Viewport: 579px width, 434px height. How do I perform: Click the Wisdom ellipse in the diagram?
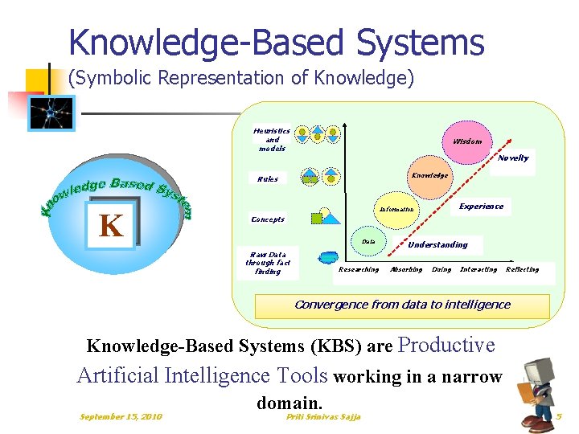(x=467, y=141)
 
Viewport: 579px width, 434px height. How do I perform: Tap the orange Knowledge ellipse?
(x=430, y=175)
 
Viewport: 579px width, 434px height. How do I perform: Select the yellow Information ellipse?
(x=396, y=209)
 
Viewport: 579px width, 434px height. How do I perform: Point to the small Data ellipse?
(x=368, y=241)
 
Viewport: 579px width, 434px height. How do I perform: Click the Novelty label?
(x=513, y=158)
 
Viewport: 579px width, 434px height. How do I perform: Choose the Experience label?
(x=481, y=207)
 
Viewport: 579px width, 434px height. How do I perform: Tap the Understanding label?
(x=437, y=244)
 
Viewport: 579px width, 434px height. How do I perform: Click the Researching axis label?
(x=359, y=270)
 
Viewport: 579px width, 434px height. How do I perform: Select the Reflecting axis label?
(x=522, y=270)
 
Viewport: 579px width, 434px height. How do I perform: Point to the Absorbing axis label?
(x=406, y=270)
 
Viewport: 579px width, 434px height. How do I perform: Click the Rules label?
(x=268, y=179)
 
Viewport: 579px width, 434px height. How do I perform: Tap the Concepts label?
(x=268, y=219)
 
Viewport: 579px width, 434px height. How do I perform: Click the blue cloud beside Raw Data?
(x=328, y=259)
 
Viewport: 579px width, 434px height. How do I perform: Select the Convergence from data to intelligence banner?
(x=402, y=305)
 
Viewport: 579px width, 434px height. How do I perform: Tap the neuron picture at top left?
(x=51, y=113)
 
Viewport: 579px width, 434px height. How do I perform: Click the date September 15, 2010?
(x=121, y=416)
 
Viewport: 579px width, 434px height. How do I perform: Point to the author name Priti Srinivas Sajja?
(x=323, y=416)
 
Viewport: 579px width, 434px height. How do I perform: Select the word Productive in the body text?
(x=446, y=346)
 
